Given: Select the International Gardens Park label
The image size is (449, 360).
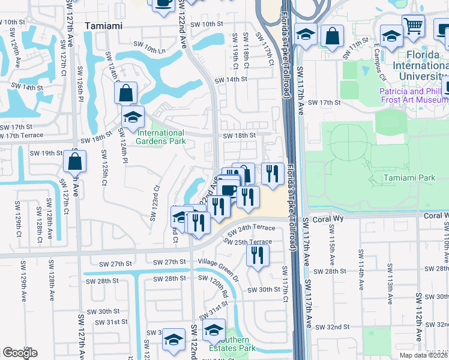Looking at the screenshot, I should pyautogui.click(x=161, y=137).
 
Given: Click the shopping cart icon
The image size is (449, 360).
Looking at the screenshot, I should pyautogui.click(x=413, y=26).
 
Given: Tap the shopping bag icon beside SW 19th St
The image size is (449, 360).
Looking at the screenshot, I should pyautogui.click(x=74, y=161).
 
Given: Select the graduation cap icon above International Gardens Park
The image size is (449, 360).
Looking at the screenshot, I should pyautogui.click(x=133, y=116).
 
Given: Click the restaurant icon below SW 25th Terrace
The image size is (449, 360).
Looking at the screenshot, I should pyautogui.click(x=257, y=256).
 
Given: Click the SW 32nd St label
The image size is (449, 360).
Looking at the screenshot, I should pyautogui.click(x=334, y=326).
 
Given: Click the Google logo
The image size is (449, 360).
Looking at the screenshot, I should pyautogui.click(x=20, y=353).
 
